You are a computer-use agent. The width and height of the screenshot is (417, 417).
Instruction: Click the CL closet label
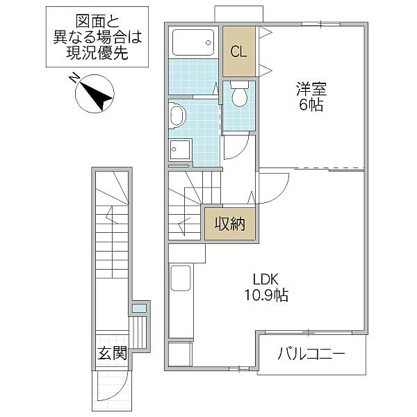[238, 51]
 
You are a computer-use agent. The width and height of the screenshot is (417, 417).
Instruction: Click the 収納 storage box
[229, 223]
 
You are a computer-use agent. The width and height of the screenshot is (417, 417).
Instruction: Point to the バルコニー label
[311, 354]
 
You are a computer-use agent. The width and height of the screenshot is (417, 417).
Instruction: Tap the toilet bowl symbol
[238, 96]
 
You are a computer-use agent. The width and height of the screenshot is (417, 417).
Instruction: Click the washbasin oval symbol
[176, 118]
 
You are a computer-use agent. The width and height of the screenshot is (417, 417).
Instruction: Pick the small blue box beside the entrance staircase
[140, 307]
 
